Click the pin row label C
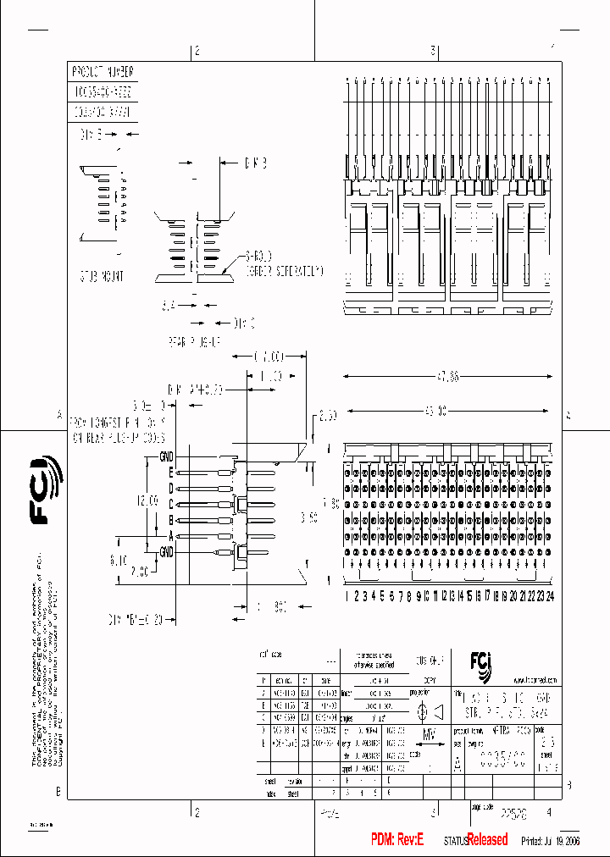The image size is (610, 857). coord(170,504)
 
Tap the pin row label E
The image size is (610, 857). coord(170,473)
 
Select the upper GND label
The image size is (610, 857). coord(166,457)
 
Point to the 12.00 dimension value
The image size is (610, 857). coord(148,500)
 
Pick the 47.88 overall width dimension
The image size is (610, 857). coord(447,376)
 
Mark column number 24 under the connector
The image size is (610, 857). coord(550,596)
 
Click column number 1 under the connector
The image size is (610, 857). coord(347,596)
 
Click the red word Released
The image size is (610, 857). coord(488,839)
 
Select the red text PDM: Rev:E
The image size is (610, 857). coord(397,839)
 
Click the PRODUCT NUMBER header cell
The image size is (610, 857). coord(103,71)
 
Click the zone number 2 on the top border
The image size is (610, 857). coord(197,52)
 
